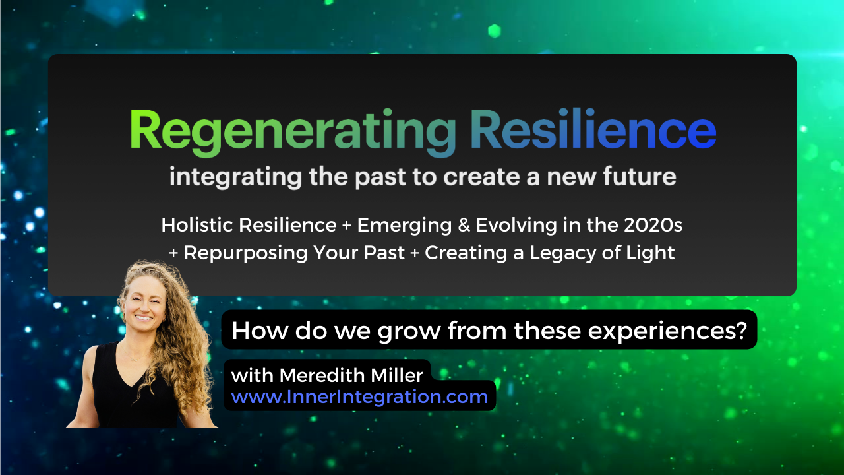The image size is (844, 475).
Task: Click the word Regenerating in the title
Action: tap(293, 132)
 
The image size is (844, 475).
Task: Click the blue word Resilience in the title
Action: tap(593, 129)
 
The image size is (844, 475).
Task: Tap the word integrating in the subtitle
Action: tap(235, 177)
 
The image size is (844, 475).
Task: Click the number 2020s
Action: tap(653, 225)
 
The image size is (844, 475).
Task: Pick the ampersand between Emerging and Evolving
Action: tap(464, 226)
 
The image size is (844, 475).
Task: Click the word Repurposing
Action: tap(245, 253)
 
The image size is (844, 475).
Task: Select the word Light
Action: tap(650, 253)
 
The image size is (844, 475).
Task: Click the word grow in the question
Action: tap(409, 332)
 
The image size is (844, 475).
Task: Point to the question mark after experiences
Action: tap(741, 330)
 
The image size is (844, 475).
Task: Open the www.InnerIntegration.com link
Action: tap(359, 397)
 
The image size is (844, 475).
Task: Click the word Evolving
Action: tap(516, 226)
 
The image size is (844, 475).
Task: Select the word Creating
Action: tap(466, 253)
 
